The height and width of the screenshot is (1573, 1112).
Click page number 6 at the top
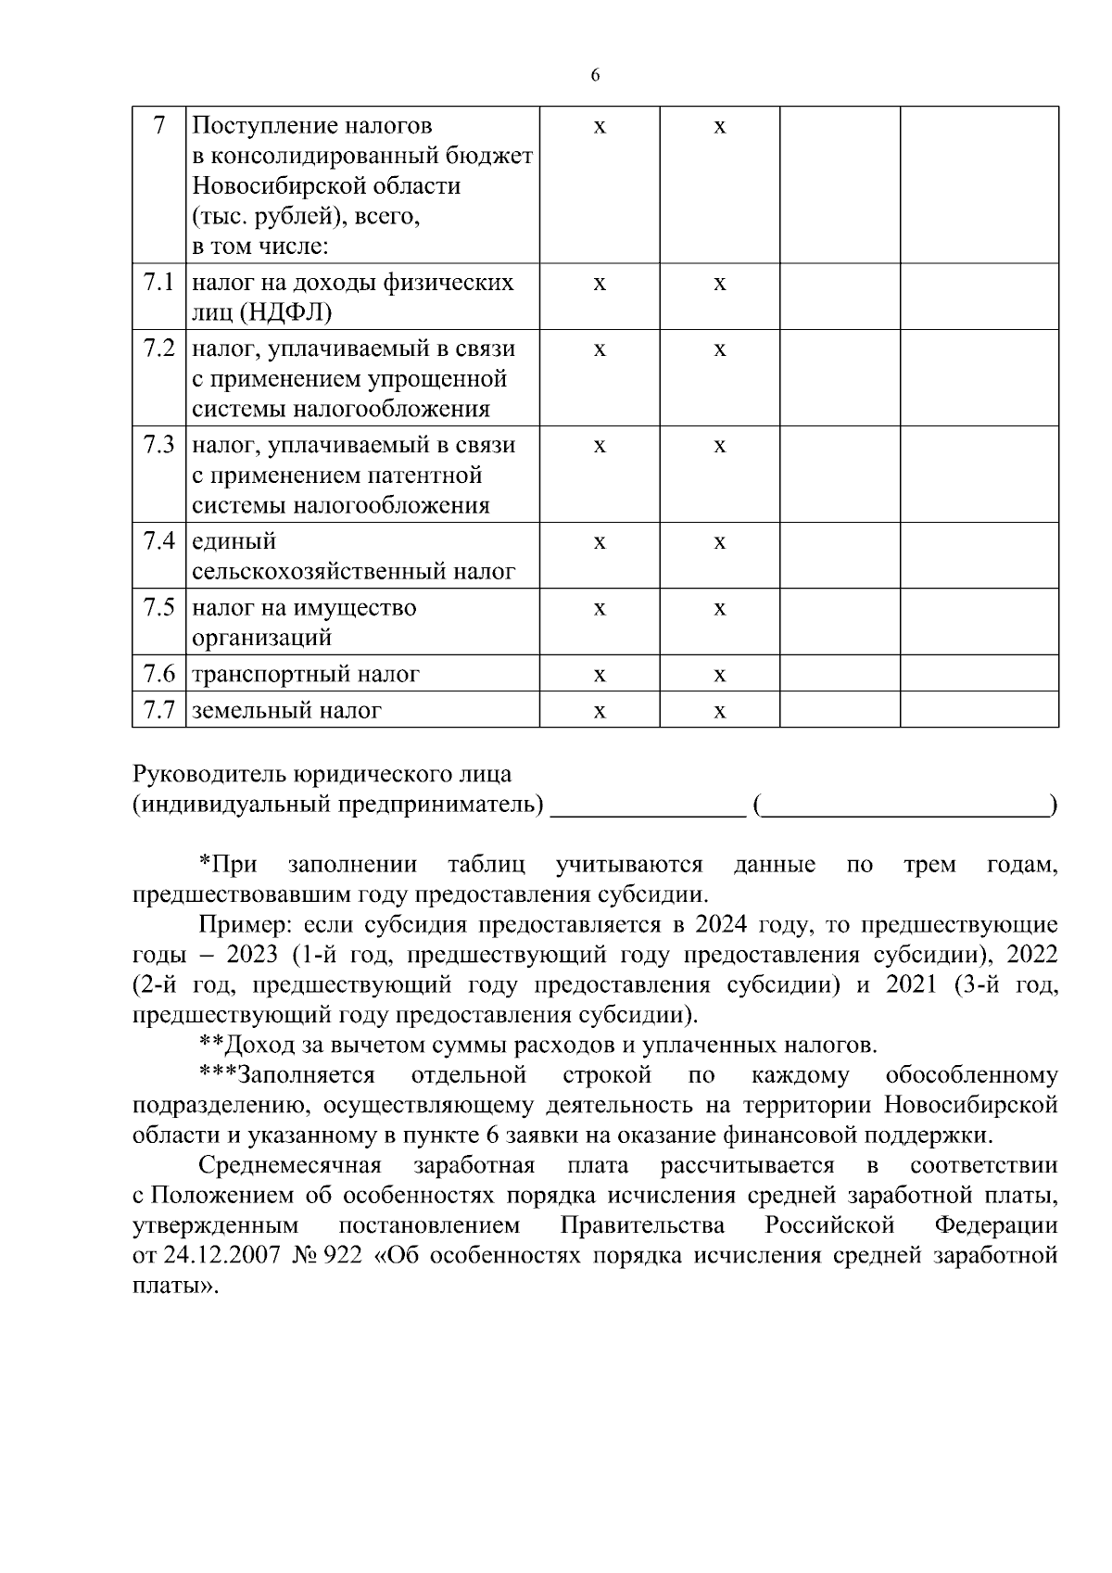(x=595, y=76)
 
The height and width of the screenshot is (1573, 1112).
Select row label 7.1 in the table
(x=158, y=282)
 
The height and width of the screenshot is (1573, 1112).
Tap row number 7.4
(x=158, y=541)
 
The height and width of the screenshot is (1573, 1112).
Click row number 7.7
(x=158, y=710)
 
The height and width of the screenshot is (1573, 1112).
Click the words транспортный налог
(x=306, y=674)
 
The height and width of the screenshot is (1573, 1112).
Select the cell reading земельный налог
(x=287, y=711)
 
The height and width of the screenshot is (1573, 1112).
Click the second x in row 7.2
(x=719, y=350)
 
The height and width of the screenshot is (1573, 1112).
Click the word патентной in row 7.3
(x=425, y=476)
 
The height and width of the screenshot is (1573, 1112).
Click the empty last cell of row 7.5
(x=979, y=621)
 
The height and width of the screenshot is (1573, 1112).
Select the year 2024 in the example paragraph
(x=722, y=924)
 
